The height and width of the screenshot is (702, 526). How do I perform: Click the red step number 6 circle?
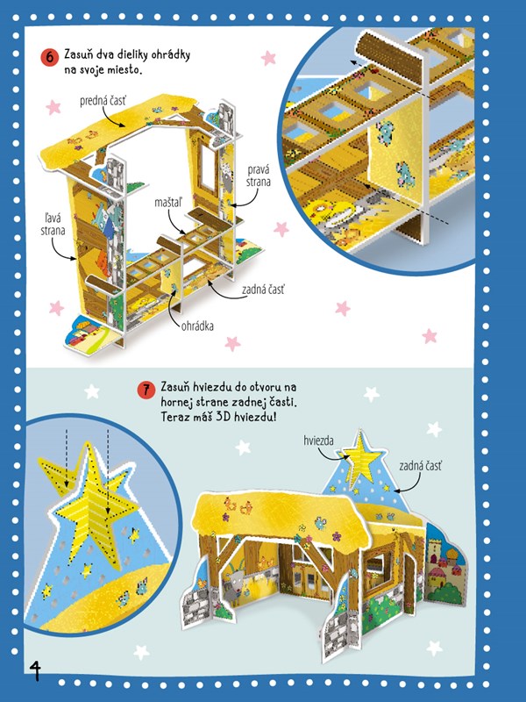click(x=50, y=58)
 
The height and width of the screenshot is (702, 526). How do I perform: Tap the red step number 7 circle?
click(x=146, y=390)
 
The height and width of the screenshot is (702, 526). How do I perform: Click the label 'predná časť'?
click(x=103, y=101)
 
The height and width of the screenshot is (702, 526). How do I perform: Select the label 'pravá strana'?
click(x=259, y=176)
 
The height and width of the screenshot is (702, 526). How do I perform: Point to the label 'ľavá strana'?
click(x=53, y=225)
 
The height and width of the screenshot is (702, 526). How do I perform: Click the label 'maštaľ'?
click(x=168, y=203)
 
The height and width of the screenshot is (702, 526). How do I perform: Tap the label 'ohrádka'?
click(x=197, y=326)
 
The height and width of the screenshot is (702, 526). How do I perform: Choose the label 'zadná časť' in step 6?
click(x=263, y=290)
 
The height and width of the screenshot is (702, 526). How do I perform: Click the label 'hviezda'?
click(x=318, y=441)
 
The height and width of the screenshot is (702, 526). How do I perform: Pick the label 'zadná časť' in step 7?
click(x=421, y=467)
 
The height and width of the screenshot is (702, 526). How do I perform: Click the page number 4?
click(x=35, y=670)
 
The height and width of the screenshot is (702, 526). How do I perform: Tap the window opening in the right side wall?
click(x=207, y=166)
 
